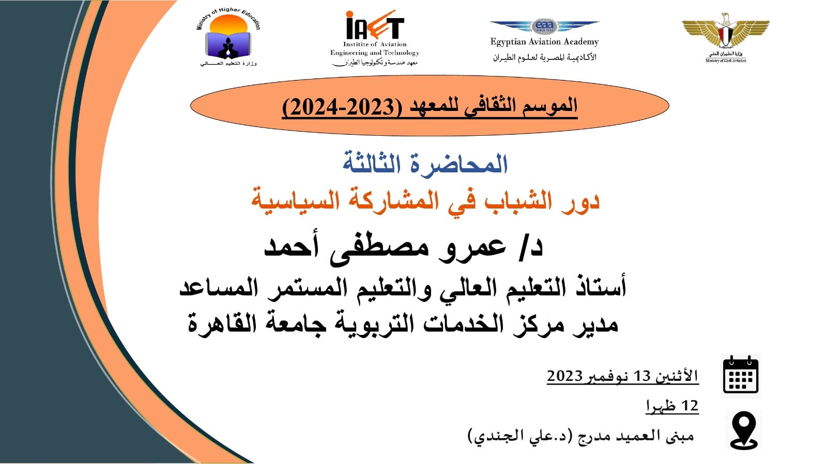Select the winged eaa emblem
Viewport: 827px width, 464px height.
pos(545,26)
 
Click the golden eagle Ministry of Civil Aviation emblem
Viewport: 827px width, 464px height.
pos(726,33)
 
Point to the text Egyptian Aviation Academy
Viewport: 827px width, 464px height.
pos(545,42)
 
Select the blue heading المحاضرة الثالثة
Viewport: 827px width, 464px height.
pos(425,164)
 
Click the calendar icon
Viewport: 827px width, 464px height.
pos(741,375)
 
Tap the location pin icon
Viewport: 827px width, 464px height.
pos(744,430)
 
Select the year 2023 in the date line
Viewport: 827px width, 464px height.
pos(565,376)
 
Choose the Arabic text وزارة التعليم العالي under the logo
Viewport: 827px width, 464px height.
pos(228,63)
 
